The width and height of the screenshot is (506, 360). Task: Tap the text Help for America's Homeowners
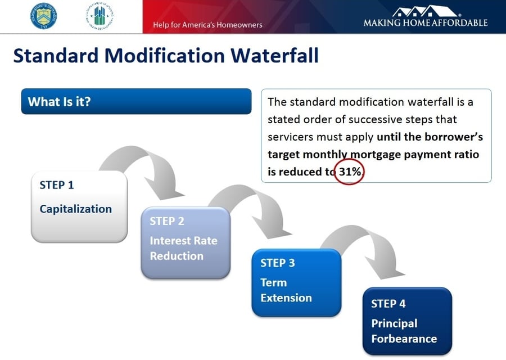(x=207, y=25)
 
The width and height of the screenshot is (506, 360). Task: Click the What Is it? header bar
(x=136, y=102)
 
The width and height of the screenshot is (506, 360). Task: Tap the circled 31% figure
(x=349, y=171)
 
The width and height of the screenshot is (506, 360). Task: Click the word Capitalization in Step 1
(x=75, y=209)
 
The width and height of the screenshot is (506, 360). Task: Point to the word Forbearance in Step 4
(x=404, y=339)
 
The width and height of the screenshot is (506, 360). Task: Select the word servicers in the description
(x=292, y=137)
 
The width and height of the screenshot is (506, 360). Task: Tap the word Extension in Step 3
(x=286, y=298)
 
